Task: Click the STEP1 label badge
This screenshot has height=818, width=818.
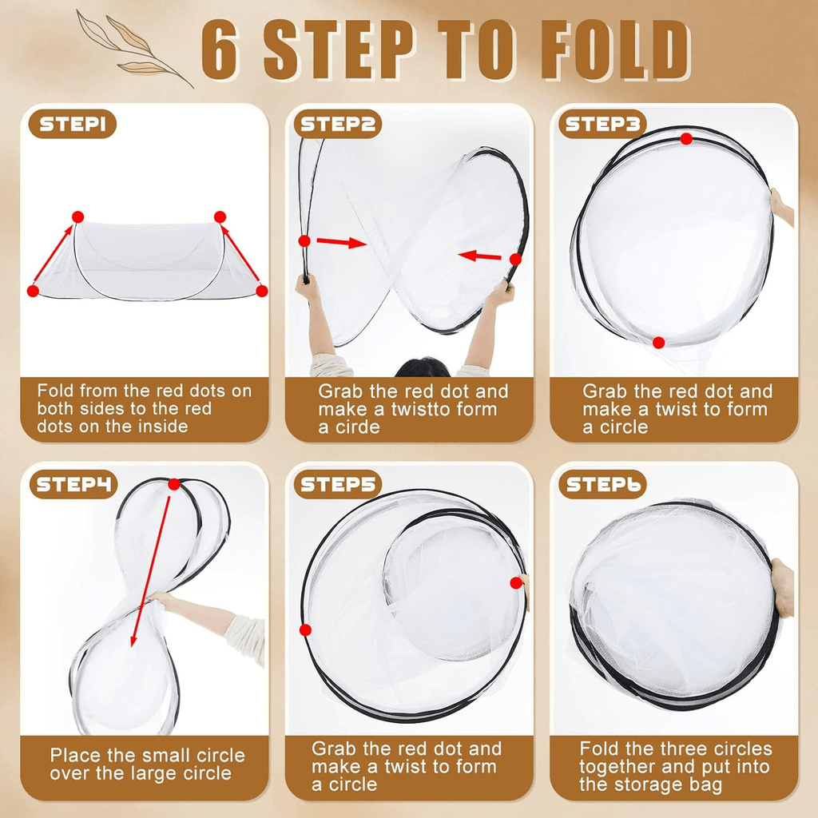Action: pyautogui.click(x=72, y=124)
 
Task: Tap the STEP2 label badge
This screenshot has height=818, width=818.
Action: pyautogui.click(x=338, y=124)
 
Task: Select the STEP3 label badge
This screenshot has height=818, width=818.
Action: pyautogui.click(x=602, y=124)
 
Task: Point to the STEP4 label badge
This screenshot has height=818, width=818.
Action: pyautogui.click(x=73, y=485)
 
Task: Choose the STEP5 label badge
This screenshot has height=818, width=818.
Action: pyautogui.click(x=338, y=485)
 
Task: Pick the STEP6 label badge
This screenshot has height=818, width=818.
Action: pyautogui.click(x=602, y=485)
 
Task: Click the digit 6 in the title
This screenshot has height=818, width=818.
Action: pyautogui.click(x=220, y=51)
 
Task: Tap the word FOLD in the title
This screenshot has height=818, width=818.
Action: pyautogui.click(x=614, y=51)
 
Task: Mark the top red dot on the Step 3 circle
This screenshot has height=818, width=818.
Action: pyautogui.click(x=686, y=139)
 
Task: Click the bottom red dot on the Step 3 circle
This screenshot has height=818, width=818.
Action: pyautogui.click(x=658, y=343)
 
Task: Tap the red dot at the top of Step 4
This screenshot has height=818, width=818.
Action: pyautogui.click(x=174, y=485)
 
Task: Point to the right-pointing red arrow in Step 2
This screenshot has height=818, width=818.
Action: pyautogui.click(x=342, y=243)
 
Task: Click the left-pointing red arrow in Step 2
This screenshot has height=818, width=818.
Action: pyautogui.click(x=479, y=256)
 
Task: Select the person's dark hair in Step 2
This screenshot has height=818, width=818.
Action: pyautogui.click(x=422, y=367)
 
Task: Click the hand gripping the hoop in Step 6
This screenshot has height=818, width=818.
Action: pyautogui.click(x=782, y=588)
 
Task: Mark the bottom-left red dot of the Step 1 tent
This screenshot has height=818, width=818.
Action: pyautogui.click(x=33, y=291)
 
